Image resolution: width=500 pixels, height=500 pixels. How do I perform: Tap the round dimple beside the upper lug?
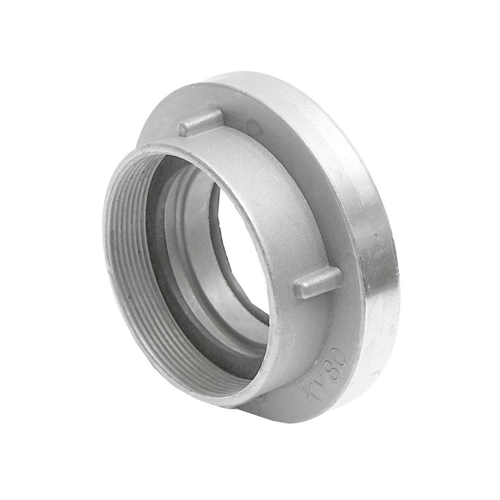pos(251,125)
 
